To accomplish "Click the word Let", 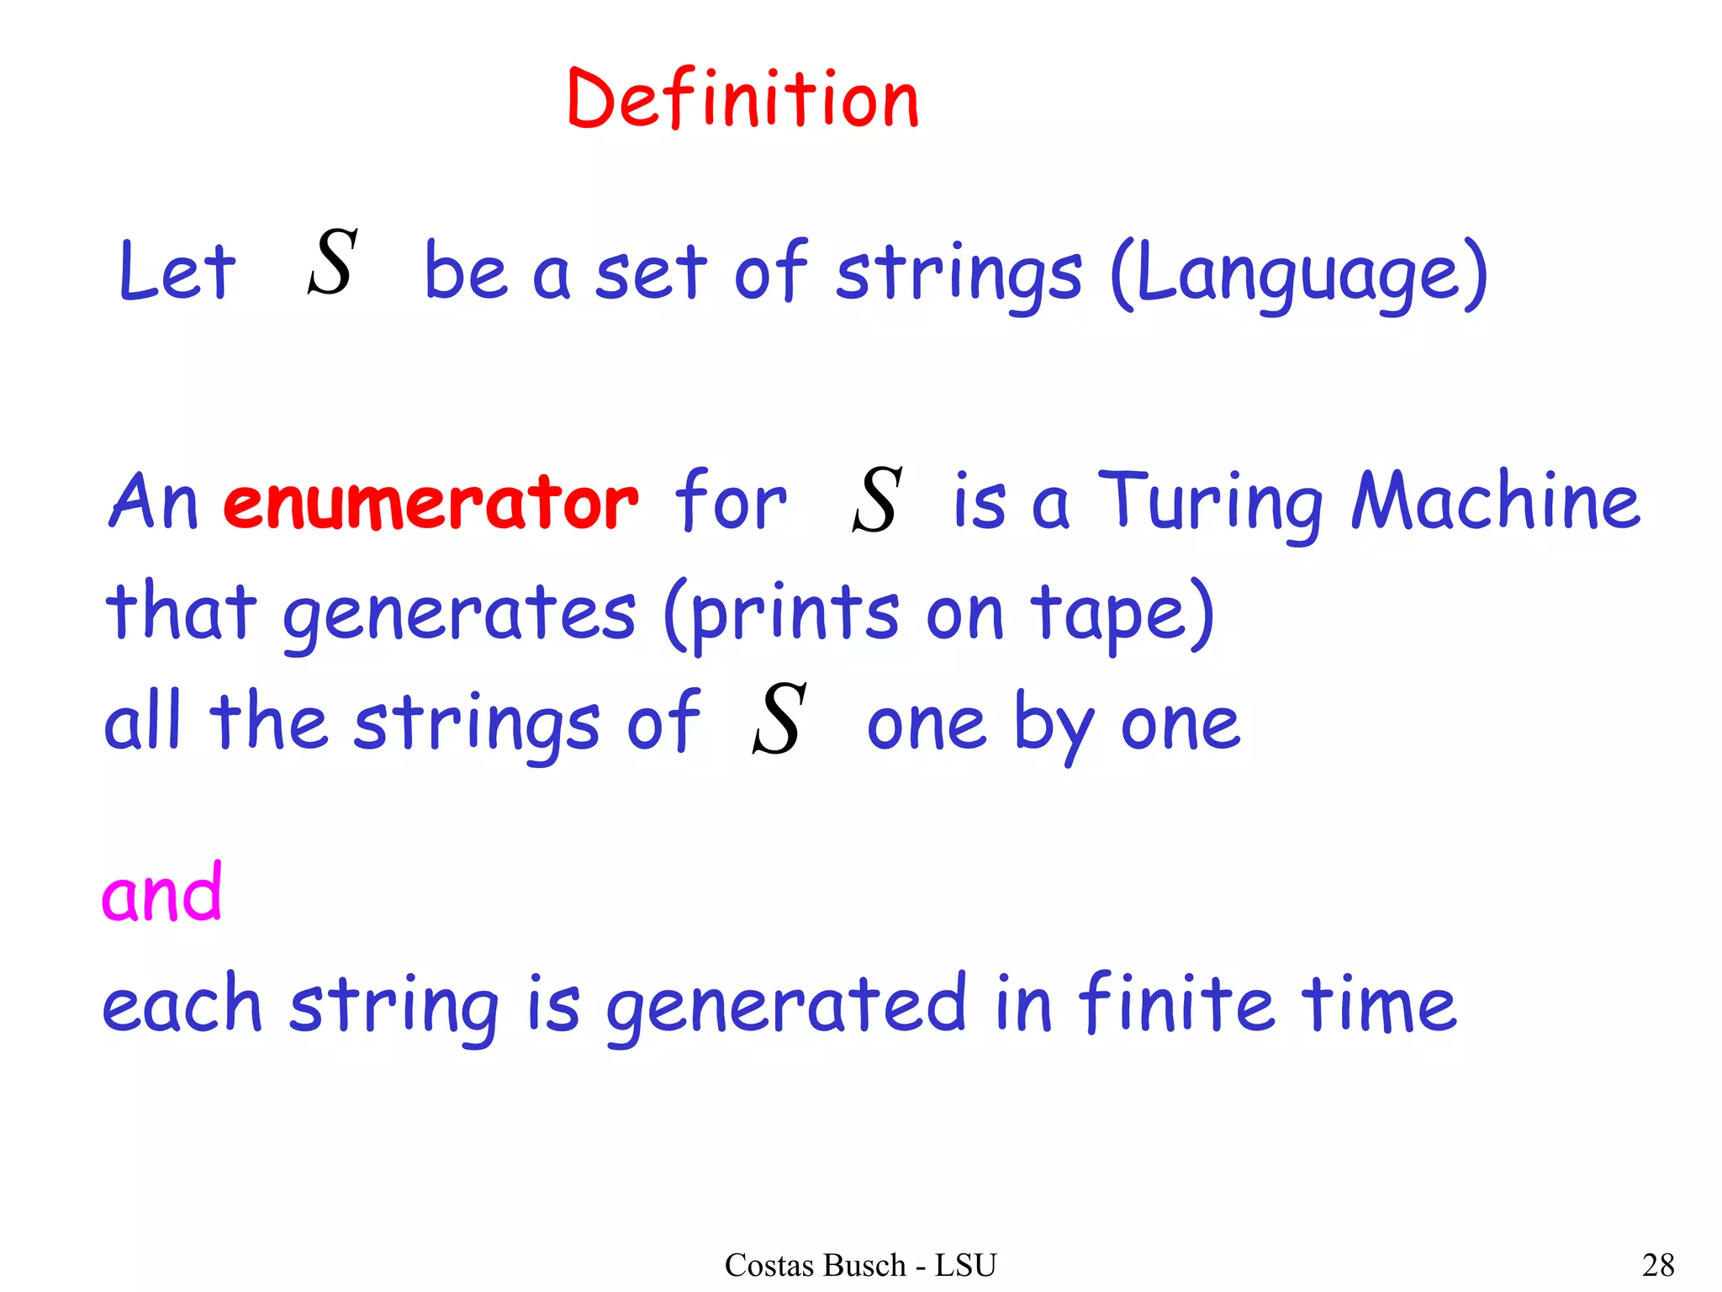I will (x=177, y=271).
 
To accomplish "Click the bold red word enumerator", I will (x=430, y=503).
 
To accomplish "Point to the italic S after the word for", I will (x=877, y=500).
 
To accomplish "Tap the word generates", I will (x=459, y=614).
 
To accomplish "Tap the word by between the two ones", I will (x=1054, y=725).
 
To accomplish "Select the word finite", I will (x=1176, y=1003).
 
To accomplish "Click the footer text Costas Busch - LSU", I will (x=860, y=1265).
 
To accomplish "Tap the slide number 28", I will (x=1658, y=1265).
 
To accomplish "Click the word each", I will (x=182, y=1005).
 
